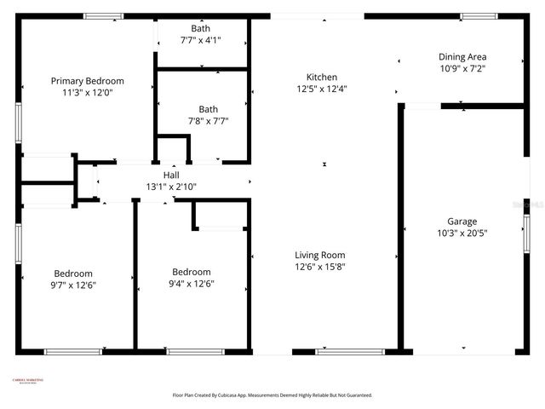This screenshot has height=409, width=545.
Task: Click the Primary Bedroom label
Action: [88, 81]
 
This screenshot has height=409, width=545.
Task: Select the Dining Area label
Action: [462, 57]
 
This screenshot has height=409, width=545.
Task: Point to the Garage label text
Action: [462, 221]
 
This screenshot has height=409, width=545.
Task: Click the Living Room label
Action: [320, 255]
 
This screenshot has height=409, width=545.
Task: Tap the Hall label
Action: [171, 176]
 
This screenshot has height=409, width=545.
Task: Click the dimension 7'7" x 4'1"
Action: [200, 40]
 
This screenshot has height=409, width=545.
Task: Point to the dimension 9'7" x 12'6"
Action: [73, 285]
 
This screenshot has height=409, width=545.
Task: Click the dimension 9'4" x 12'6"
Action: [192, 285]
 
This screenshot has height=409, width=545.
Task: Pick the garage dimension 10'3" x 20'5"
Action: [462, 232]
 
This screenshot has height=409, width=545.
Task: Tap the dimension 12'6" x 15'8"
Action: [320, 266]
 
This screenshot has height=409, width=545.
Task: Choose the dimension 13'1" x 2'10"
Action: [171, 187]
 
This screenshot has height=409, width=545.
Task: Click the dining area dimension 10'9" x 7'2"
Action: [462, 68]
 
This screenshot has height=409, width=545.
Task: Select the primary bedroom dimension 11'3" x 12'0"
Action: [88, 92]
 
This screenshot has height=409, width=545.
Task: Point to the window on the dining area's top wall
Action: [479, 15]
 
